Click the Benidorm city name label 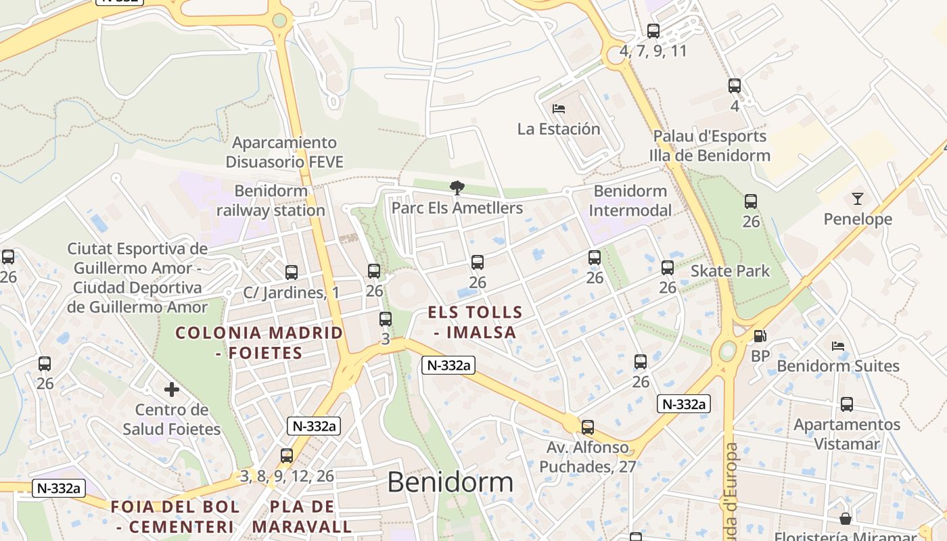tap(450, 482)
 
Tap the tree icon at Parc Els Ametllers tap(457, 188)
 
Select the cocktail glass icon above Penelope tap(858, 199)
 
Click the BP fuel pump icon tap(760, 336)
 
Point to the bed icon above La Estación tap(559, 108)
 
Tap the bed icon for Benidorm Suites tap(838, 346)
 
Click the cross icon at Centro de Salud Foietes tap(172, 390)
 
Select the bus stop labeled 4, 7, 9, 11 tap(653, 31)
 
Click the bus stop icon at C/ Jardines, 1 tap(292, 273)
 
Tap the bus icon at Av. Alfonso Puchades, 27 tap(588, 427)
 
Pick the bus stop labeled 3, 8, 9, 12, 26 tap(287, 456)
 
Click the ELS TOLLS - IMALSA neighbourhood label tap(476, 322)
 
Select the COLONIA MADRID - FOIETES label tap(259, 342)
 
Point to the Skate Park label tap(730, 271)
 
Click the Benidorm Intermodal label tap(630, 201)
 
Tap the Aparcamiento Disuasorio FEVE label tap(284, 152)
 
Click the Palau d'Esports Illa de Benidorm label tap(710, 145)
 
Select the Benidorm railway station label tap(271, 201)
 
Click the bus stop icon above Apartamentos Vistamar tap(847, 405)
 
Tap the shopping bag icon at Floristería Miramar tap(846, 519)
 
